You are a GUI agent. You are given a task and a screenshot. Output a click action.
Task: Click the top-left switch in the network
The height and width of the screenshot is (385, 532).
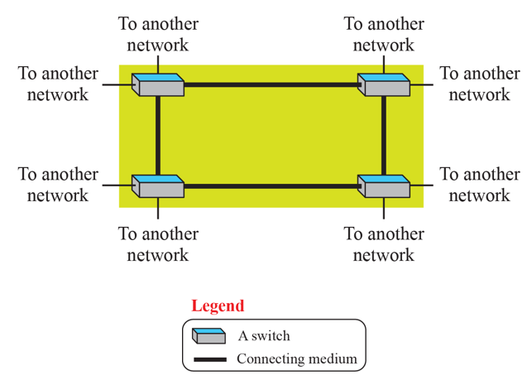click(x=158, y=84)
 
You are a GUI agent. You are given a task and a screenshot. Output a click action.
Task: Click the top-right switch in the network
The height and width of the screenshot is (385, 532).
click(x=384, y=84)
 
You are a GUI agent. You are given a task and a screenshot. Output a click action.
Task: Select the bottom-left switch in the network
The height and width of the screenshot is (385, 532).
click(x=158, y=185)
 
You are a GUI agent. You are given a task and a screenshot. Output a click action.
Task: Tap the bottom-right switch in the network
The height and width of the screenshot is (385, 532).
click(x=384, y=185)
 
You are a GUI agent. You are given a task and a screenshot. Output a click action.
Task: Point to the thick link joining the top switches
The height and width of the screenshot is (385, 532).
click(x=271, y=84)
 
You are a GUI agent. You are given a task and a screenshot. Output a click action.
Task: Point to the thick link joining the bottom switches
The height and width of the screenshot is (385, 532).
click(x=271, y=186)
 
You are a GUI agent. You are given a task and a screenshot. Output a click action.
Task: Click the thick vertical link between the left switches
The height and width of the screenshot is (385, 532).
click(x=157, y=135)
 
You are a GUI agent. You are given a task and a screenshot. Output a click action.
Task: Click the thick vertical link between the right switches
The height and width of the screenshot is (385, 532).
click(x=384, y=135)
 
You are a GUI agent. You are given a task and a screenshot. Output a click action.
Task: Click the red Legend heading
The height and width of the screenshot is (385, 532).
click(x=218, y=306)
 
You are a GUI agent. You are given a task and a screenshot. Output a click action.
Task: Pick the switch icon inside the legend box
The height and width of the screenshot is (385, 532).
click(x=208, y=336)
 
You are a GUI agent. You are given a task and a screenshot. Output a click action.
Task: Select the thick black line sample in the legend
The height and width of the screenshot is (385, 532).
click(x=209, y=359)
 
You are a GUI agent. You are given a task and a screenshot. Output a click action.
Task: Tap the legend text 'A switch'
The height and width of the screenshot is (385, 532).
click(x=264, y=336)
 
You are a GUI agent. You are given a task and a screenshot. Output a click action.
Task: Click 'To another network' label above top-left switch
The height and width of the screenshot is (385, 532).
click(x=158, y=34)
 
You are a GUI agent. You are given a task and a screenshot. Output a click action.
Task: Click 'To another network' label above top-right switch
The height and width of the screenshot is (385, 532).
click(x=384, y=34)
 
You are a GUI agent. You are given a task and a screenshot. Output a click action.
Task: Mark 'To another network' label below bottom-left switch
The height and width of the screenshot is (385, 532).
click(x=158, y=244)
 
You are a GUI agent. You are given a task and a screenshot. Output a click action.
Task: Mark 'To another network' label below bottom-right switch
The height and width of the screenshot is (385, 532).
click(x=384, y=244)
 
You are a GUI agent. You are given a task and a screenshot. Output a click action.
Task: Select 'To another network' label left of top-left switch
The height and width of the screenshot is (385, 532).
click(x=58, y=84)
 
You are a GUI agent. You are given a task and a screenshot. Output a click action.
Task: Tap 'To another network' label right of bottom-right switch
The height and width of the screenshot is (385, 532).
click(x=480, y=185)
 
